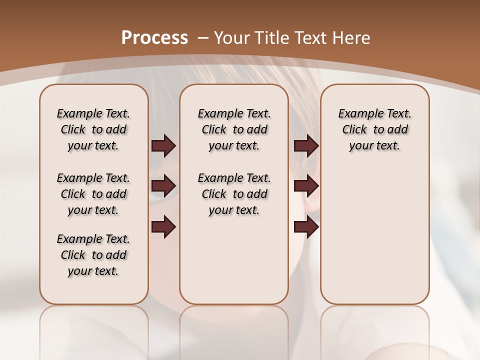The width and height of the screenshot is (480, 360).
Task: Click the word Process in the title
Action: [154, 38]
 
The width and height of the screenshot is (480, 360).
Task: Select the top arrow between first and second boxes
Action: [163, 145]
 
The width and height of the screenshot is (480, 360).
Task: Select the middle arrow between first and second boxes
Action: [163, 186]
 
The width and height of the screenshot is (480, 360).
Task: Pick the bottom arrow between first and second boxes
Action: [163, 227]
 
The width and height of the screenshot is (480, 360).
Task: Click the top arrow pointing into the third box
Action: [306, 145]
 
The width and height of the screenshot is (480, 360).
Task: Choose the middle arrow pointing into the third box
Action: [306, 186]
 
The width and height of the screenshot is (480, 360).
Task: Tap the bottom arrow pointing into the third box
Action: [306, 227]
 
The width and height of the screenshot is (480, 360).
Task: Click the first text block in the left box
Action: [93, 129]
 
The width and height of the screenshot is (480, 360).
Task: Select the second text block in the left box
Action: [93, 194]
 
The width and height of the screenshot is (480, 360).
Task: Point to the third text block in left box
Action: [93, 255]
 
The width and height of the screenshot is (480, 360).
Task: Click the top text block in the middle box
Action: [234, 129]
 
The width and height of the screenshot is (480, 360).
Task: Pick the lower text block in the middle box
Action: [234, 194]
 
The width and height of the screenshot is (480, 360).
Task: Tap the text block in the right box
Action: [374, 129]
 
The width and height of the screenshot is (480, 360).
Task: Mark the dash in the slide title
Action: [203, 38]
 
